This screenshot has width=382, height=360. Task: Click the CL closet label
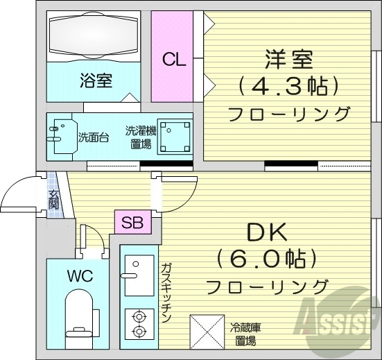click(x=175, y=59)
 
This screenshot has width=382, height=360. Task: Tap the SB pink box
click(x=131, y=223)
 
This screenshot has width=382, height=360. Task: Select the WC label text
click(x=80, y=274)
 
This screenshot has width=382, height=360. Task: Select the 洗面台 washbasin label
click(x=92, y=137)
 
